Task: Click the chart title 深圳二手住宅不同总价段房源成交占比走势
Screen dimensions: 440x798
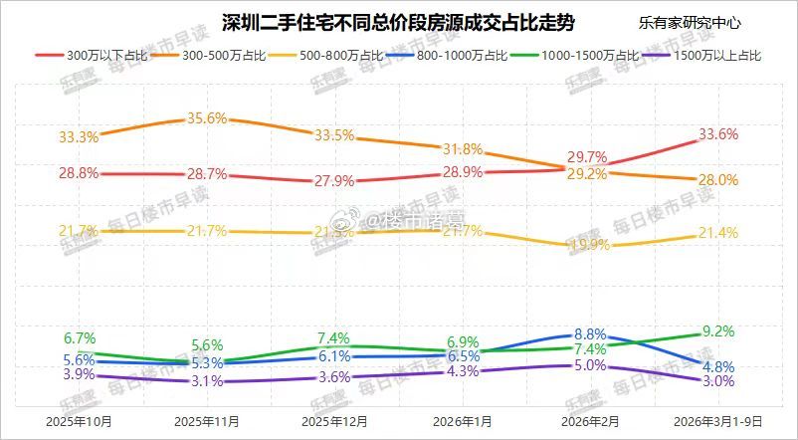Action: [397, 21]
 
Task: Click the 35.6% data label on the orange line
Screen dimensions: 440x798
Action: [207, 118]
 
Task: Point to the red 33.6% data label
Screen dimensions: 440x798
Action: [718, 134]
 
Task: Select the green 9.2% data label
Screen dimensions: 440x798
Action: [717, 331]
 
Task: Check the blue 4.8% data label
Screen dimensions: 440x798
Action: [717, 364]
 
